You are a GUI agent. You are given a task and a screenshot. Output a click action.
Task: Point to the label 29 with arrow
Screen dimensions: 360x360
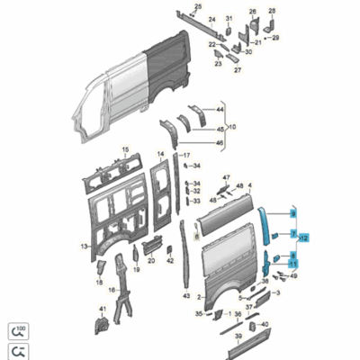pyautogui.click(x=275, y=38)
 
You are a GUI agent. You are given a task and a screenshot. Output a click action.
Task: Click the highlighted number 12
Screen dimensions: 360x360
pyautogui.click(x=303, y=238)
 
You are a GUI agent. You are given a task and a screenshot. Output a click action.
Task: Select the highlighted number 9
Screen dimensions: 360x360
pyautogui.click(x=292, y=213)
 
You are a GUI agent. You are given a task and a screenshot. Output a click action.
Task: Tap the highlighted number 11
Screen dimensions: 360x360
pyautogui.click(x=292, y=264)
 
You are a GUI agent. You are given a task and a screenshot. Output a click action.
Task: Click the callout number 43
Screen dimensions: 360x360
pyautogui.click(x=185, y=295)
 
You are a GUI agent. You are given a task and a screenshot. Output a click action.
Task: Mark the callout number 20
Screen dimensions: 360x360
pyautogui.click(x=151, y=261)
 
